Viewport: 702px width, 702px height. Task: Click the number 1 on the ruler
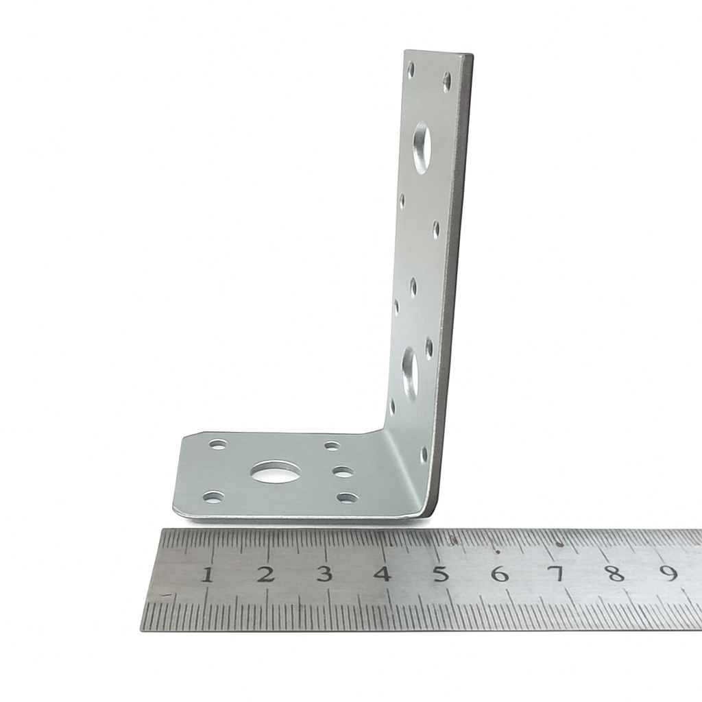click(207, 574)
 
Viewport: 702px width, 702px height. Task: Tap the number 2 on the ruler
click(265, 574)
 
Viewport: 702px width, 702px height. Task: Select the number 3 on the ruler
click(324, 574)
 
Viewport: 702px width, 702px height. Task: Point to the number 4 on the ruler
click(382, 574)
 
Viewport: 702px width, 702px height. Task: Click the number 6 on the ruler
click(499, 574)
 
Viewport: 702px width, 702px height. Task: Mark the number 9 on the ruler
click(670, 572)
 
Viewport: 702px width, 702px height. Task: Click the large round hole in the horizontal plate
click(276, 472)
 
